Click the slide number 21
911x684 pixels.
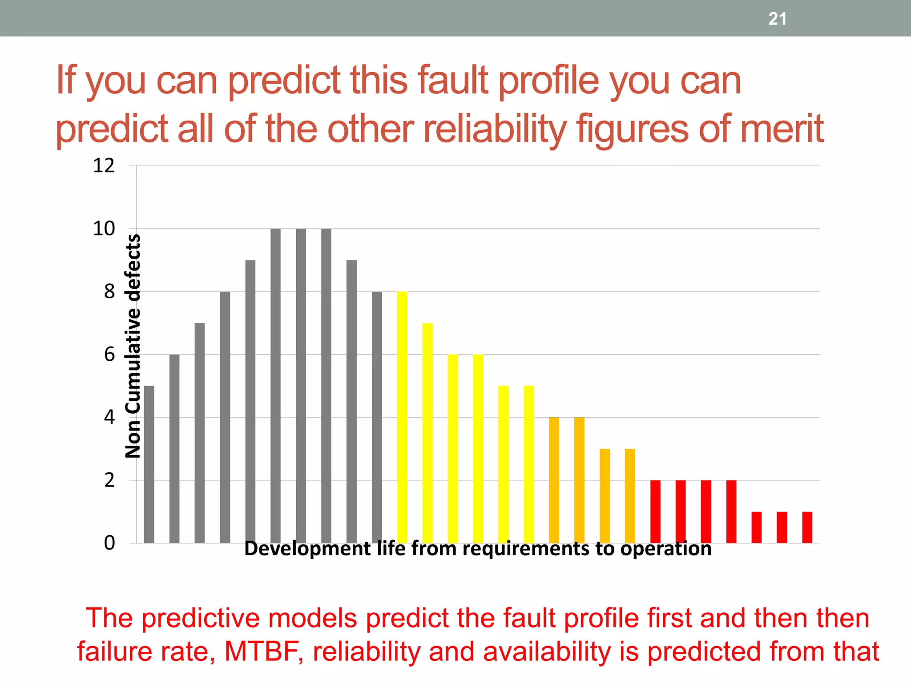pos(777,19)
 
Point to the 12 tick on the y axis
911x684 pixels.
pos(104,166)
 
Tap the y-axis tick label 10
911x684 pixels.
pos(104,229)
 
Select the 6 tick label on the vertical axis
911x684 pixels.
pos(109,355)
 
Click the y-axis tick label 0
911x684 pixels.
pos(109,543)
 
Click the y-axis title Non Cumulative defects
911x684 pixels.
pos(133,346)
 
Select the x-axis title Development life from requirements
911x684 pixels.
pos(478,549)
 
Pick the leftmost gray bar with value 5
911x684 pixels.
pos(149,464)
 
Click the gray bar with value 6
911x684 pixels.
pos(174,448)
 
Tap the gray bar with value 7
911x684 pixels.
pos(200,433)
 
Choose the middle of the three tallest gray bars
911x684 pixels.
pos(301,386)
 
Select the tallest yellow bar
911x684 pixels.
pos(402,417)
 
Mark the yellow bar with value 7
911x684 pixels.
pos(427,433)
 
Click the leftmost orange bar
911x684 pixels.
pos(554,480)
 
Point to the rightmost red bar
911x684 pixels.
pos(807,527)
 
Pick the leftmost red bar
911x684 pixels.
pos(655,511)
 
